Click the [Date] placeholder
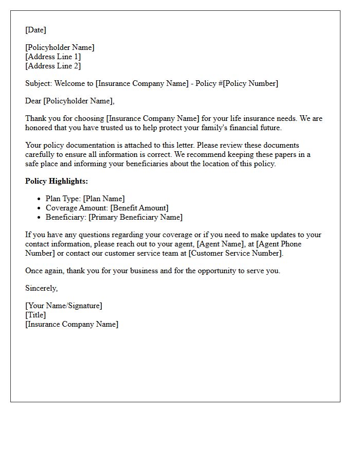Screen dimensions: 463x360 coord(35,30)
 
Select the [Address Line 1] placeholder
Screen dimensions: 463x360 coord(53,57)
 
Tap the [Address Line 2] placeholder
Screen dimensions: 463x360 coord(53,66)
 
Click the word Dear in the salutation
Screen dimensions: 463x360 coord(33,101)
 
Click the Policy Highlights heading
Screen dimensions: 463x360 coord(57,181)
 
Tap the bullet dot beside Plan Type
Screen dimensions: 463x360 coord(39,199)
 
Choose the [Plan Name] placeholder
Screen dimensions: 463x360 coord(104,199)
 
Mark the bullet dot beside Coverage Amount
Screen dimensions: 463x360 coord(39,208)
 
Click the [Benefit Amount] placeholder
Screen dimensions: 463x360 coord(139,208)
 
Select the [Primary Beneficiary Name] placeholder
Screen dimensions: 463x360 coord(135,217)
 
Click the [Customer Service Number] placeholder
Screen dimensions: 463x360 coord(236,253)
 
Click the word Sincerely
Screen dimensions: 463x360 coord(41,288)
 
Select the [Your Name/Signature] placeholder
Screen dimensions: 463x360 coord(64,306)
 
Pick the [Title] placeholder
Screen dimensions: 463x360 coord(35,315)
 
